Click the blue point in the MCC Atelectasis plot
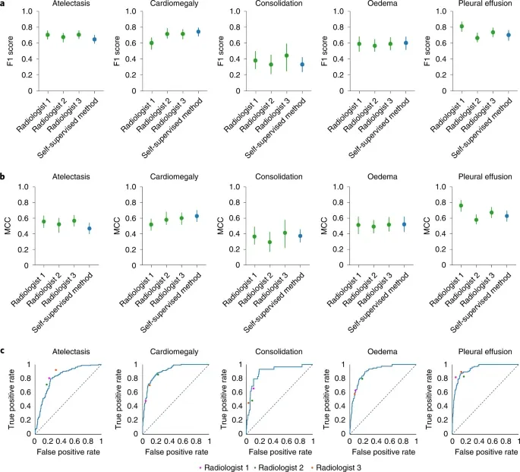(90, 228)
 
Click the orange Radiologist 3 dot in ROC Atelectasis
(55, 370)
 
